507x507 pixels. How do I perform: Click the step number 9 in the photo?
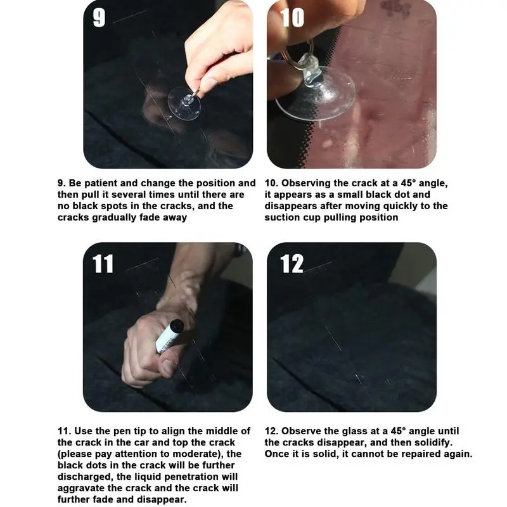click(x=99, y=18)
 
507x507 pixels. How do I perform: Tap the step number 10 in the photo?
click(x=292, y=18)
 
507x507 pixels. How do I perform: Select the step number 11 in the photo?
click(x=103, y=264)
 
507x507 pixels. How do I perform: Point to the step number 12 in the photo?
click(x=292, y=264)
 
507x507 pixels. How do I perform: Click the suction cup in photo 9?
click(x=184, y=103)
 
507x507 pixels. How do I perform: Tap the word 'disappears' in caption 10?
click(x=289, y=207)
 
